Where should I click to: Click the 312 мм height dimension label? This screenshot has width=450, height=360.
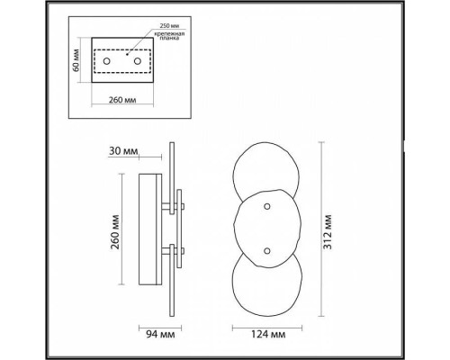coord(328,232)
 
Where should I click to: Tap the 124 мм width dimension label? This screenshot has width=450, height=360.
coord(267,334)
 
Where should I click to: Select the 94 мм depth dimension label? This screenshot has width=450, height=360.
coord(160,334)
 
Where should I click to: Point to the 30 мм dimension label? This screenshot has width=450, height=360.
coord(123,151)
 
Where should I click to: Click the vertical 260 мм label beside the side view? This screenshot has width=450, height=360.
coord(115,232)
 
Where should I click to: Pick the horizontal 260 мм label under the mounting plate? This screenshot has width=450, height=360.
coord(122,100)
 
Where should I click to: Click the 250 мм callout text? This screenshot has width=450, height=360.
coord(170,26)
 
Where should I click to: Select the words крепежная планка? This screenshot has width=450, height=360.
coord(170,36)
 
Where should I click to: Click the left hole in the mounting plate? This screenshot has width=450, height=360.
coord(106,61)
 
